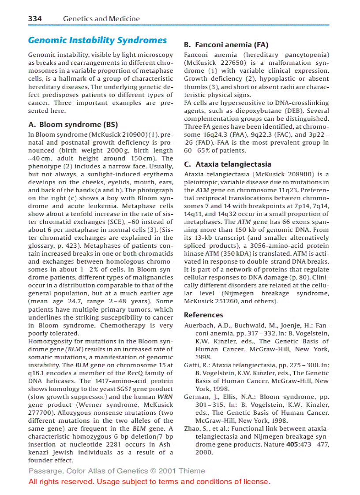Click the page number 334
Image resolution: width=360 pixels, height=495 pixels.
pos(35,19)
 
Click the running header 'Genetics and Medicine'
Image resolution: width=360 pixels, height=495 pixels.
pos(101,19)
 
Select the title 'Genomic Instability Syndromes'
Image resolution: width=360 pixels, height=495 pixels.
pos(97,41)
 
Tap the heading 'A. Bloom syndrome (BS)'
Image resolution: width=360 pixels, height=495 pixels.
pos(73,125)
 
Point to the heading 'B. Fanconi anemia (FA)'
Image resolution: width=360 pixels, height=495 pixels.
pos(226,45)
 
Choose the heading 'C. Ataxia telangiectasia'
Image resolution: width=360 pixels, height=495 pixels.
pos(227,164)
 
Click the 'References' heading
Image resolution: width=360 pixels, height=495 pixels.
pos(203,315)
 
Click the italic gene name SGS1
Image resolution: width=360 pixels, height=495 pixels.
pos(124,389)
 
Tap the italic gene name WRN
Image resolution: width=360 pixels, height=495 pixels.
pos(165,397)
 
